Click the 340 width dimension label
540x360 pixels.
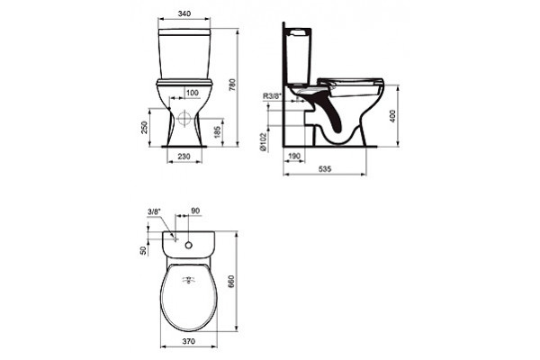[x=184, y=13]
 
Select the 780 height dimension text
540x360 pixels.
[x=232, y=85]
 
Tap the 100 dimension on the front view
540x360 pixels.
[x=193, y=93]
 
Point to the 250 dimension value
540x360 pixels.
[x=144, y=127]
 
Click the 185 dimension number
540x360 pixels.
[x=217, y=132]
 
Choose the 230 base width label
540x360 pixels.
[x=184, y=157]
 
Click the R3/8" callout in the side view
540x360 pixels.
[x=273, y=96]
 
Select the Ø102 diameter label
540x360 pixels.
[x=264, y=141]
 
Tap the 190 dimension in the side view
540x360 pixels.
[x=294, y=157]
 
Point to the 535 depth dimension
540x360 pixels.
[x=325, y=169]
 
